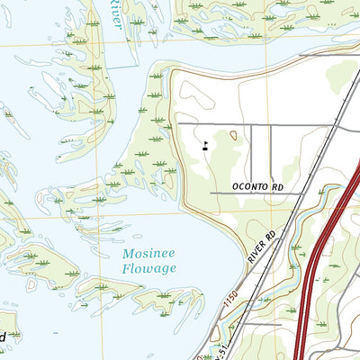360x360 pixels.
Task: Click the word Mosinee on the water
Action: [x=149, y=255]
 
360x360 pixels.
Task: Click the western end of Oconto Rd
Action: [x=212, y=193]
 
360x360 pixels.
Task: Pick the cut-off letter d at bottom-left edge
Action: [x=4, y=337]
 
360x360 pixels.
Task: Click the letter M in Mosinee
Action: [x=129, y=255]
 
